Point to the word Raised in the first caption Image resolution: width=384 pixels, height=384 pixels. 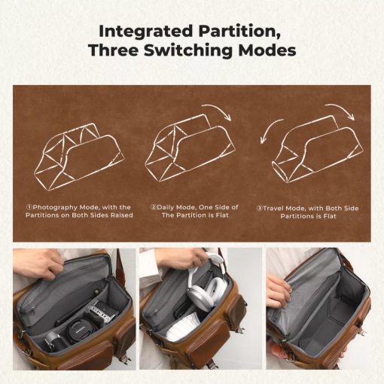click(x=119, y=215)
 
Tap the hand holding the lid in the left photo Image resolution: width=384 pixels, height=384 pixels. click(x=50, y=264)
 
